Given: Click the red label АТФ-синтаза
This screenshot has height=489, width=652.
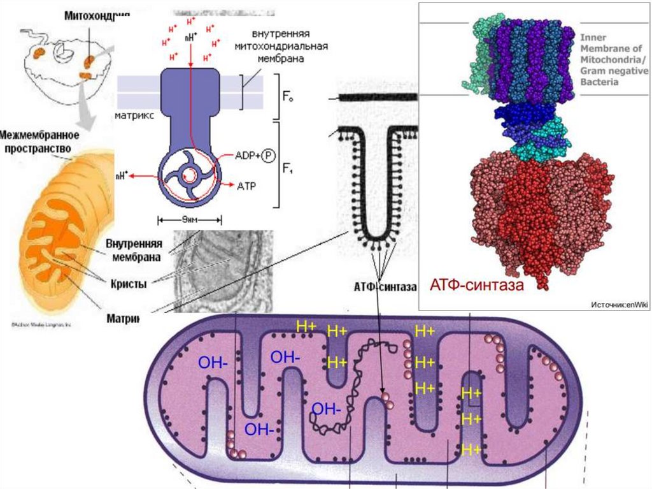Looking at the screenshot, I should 476,285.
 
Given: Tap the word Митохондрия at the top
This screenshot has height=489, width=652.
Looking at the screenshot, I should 92,15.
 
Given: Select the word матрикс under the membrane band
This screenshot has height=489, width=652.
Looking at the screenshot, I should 132,117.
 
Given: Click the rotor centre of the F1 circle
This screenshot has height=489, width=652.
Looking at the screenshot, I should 190,175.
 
